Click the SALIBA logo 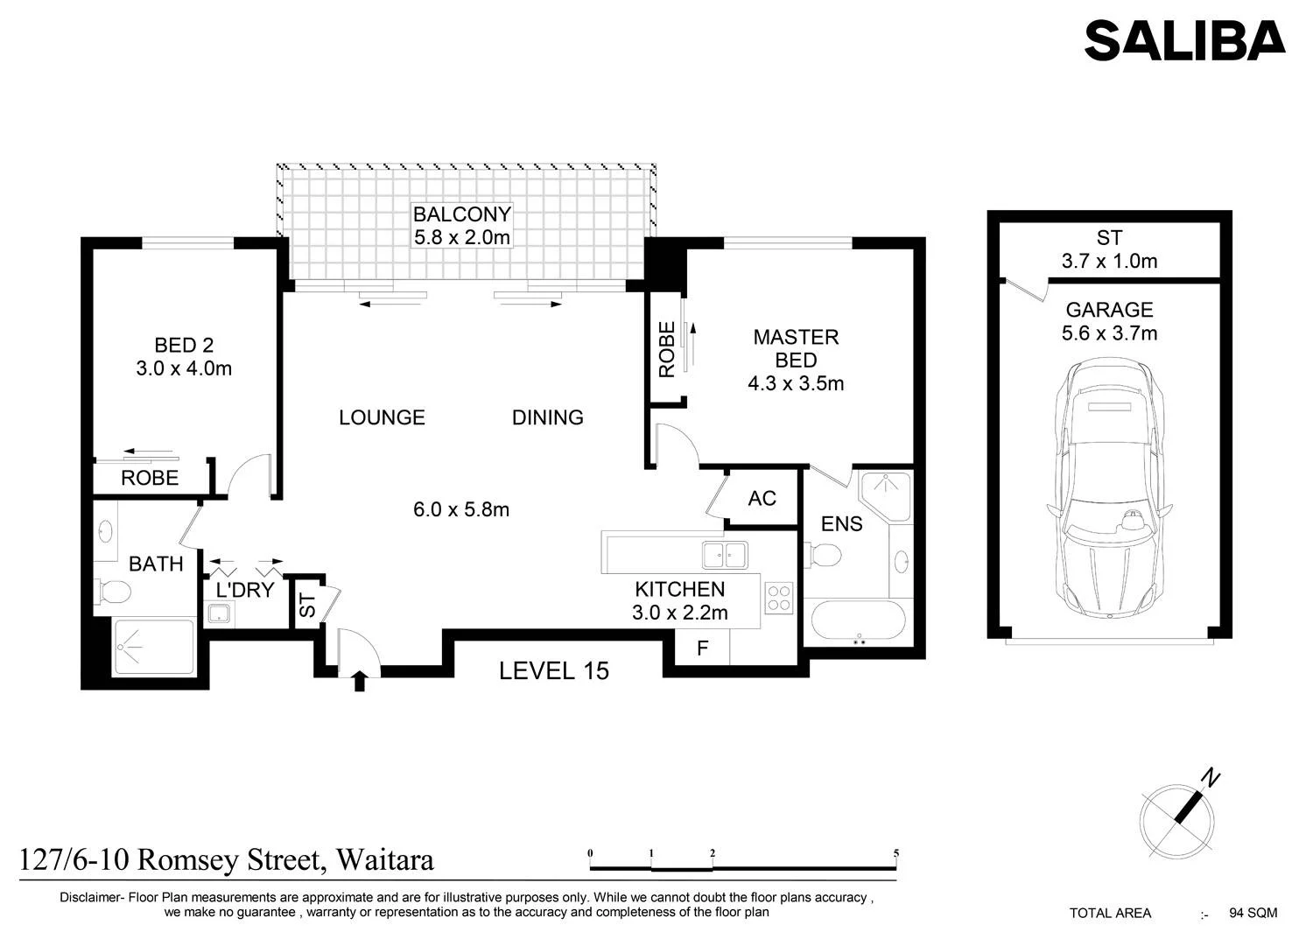point(1184,40)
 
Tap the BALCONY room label point(462,214)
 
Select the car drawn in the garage point(1110,487)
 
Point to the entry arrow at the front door point(359,682)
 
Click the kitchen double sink point(725,555)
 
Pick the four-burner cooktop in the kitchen point(779,598)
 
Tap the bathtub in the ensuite point(859,620)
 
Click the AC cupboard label point(762,498)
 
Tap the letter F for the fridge point(702,648)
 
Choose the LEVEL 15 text point(554,671)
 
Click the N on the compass point(1211,778)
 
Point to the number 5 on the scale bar point(896,853)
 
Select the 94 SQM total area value point(1253,913)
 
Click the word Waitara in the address point(385,860)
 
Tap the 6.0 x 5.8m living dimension point(461,509)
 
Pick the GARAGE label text point(1110,310)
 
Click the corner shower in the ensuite point(885,496)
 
